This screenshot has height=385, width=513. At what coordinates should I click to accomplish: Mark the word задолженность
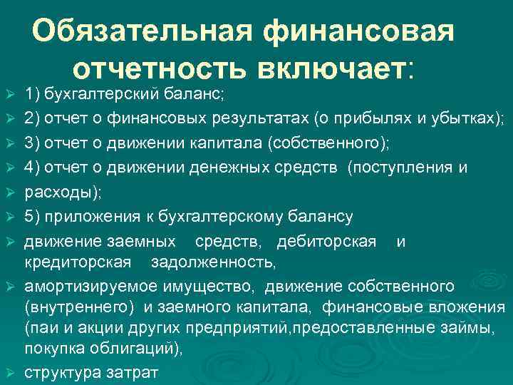click(212, 262)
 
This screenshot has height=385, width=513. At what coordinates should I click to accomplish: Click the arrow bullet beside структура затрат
click(9, 374)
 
